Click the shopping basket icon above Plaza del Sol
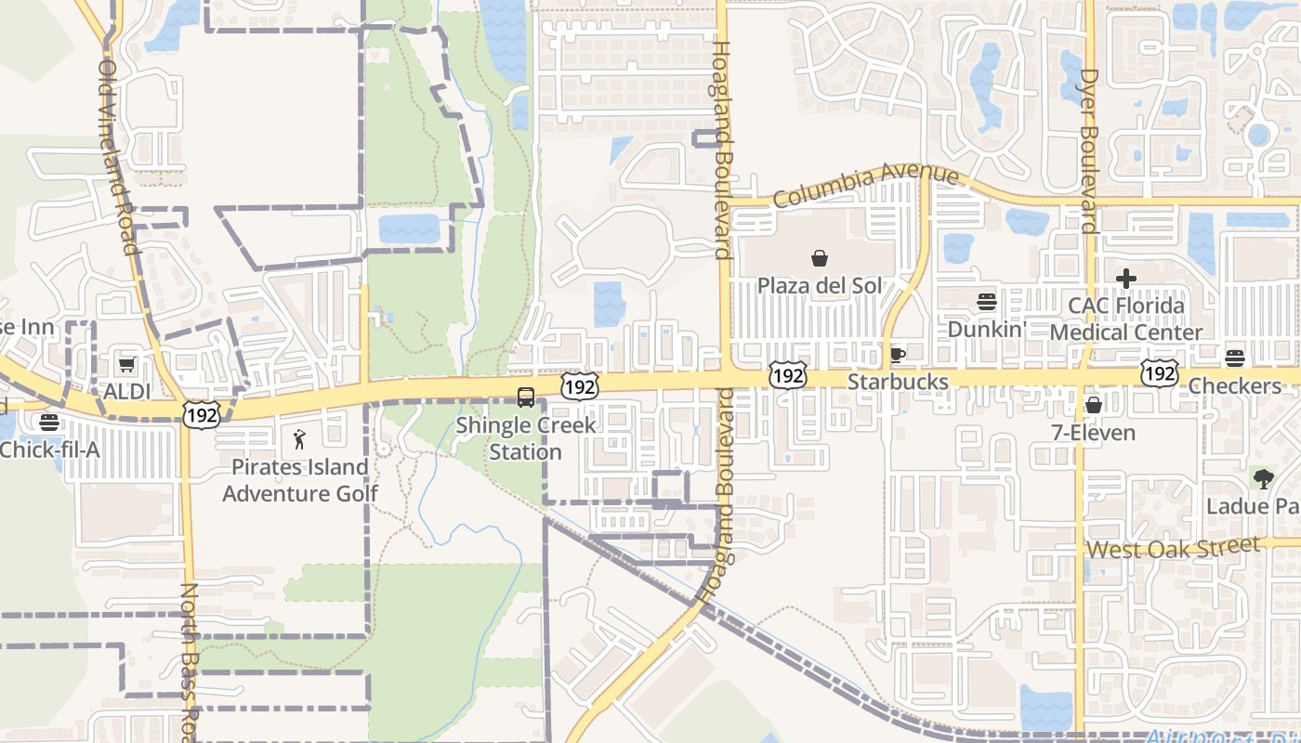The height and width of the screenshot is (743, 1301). click(820, 258)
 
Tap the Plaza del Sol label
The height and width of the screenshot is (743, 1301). click(820, 285)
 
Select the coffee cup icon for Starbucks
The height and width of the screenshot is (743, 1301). click(897, 354)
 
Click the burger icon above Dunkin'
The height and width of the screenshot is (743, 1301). click(986, 302)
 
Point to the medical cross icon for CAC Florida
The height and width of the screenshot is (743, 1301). click(1125, 278)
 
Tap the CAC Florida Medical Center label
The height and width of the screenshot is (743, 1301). click(1125, 319)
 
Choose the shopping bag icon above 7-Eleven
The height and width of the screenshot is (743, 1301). click(1093, 405)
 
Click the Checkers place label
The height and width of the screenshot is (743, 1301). click(1235, 385)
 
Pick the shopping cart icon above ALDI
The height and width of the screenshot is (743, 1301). click(126, 364)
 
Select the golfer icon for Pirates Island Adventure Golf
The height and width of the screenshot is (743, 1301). click(299, 439)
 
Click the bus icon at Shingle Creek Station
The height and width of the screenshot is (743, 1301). click(526, 398)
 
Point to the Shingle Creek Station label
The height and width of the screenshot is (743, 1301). click(526, 438)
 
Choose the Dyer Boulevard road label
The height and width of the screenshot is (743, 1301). click(1088, 149)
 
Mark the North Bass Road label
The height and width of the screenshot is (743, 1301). click(189, 659)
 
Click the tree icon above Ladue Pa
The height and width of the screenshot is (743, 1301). click(1262, 479)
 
